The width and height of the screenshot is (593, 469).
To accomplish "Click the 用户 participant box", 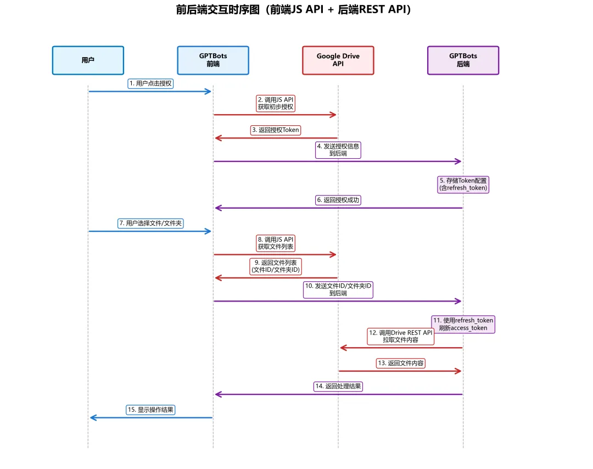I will click(x=88, y=60).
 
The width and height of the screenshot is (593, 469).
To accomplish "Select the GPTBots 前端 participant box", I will click(x=213, y=60).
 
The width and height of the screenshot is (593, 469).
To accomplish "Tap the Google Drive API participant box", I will click(x=338, y=60).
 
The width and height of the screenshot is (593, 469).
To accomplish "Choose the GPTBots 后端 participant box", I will click(x=463, y=60).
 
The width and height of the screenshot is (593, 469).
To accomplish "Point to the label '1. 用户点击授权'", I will click(x=151, y=83).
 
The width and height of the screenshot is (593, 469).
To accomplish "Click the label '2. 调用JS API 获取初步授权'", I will click(x=276, y=103).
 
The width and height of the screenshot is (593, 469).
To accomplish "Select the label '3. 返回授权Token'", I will click(x=276, y=130).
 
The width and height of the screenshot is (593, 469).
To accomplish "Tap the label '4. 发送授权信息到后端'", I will click(x=338, y=150).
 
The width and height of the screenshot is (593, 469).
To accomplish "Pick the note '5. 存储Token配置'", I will click(x=463, y=184).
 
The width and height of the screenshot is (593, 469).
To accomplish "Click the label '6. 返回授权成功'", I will click(x=338, y=200).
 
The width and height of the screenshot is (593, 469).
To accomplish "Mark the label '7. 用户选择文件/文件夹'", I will click(x=150, y=224).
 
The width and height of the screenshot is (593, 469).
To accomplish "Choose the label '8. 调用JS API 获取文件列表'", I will click(x=276, y=243).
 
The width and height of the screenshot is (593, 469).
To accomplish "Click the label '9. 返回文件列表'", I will click(x=276, y=266).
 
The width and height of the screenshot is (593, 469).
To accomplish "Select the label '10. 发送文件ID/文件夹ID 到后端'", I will click(x=338, y=289).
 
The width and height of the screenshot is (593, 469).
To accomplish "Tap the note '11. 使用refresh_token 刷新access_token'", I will click(x=463, y=324).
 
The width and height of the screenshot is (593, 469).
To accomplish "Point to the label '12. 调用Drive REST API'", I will click(x=401, y=336).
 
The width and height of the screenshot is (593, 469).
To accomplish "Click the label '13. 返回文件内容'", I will click(x=401, y=363).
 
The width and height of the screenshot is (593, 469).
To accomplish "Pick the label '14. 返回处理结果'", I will click(x=338, y=386).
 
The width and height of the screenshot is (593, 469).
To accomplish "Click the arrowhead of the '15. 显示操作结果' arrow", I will click(x=92, y=418).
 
